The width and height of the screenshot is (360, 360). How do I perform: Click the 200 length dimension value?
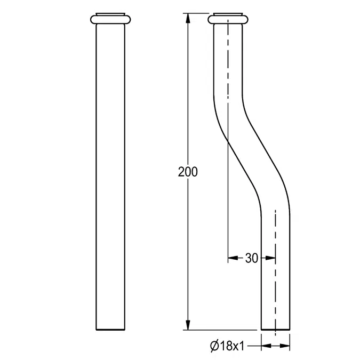(x=188, y=172)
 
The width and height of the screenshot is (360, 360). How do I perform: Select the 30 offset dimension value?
(x=251, y=259)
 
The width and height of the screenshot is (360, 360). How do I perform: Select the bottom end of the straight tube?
(x=113, y=329)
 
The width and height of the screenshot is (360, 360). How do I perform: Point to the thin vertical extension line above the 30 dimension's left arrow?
(x=228, y=213)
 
